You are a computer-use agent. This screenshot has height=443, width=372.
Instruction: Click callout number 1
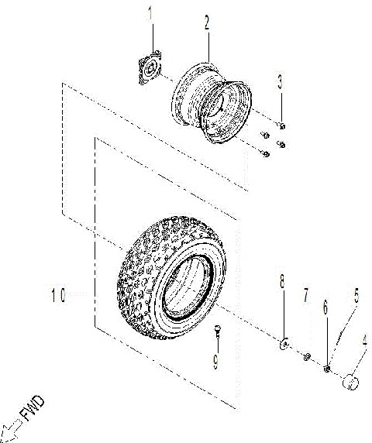(x=151, y=13)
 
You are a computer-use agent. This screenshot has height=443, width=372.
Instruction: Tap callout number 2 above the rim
(x=207, y=23)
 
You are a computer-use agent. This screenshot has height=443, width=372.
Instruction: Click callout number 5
(x=356, y=294)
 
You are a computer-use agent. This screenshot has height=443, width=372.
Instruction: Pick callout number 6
(x=325, y=307)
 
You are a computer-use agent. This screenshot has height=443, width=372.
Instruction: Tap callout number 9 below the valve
(x=216, y=360)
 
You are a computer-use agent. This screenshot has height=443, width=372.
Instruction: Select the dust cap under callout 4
(x=351, y=381)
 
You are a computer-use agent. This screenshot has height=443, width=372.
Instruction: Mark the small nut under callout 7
(x=307, y=355)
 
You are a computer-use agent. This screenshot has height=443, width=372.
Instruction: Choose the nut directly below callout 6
(x=328, y=367)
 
